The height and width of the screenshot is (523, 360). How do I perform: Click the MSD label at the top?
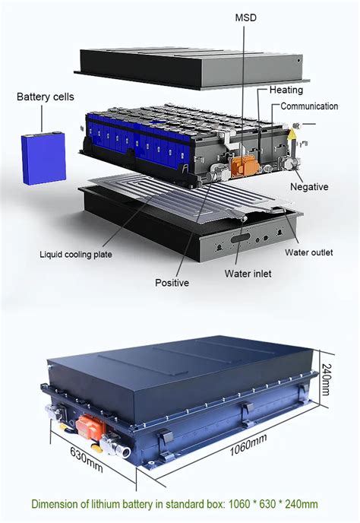(246, 17)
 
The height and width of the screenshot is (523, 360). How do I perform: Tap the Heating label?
(286, 90)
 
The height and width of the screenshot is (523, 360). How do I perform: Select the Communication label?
(309, 106)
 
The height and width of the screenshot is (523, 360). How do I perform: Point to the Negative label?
(309, 186)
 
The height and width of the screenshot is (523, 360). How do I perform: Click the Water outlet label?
(309, 252)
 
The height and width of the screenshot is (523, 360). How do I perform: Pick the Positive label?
(172, 283)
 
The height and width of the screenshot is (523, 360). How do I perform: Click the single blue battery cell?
(43, 158)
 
